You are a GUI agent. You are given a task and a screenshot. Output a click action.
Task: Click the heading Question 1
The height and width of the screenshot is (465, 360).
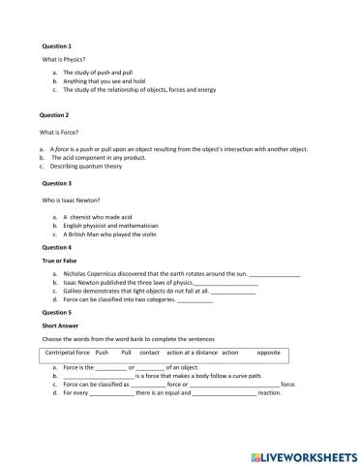pos(57,46)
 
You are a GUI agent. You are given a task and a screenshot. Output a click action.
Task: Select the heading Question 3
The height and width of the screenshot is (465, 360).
pos(57,182)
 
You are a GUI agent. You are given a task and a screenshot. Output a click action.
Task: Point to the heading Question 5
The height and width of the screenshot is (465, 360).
pos(57,312)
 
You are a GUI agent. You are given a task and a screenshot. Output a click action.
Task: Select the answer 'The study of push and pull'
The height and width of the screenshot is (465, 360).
pos(100,74)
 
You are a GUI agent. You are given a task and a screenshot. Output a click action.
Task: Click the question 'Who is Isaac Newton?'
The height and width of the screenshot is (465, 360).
pos(72,199)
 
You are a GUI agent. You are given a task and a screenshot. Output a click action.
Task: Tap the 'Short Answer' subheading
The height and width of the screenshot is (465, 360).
pos(60,326)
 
